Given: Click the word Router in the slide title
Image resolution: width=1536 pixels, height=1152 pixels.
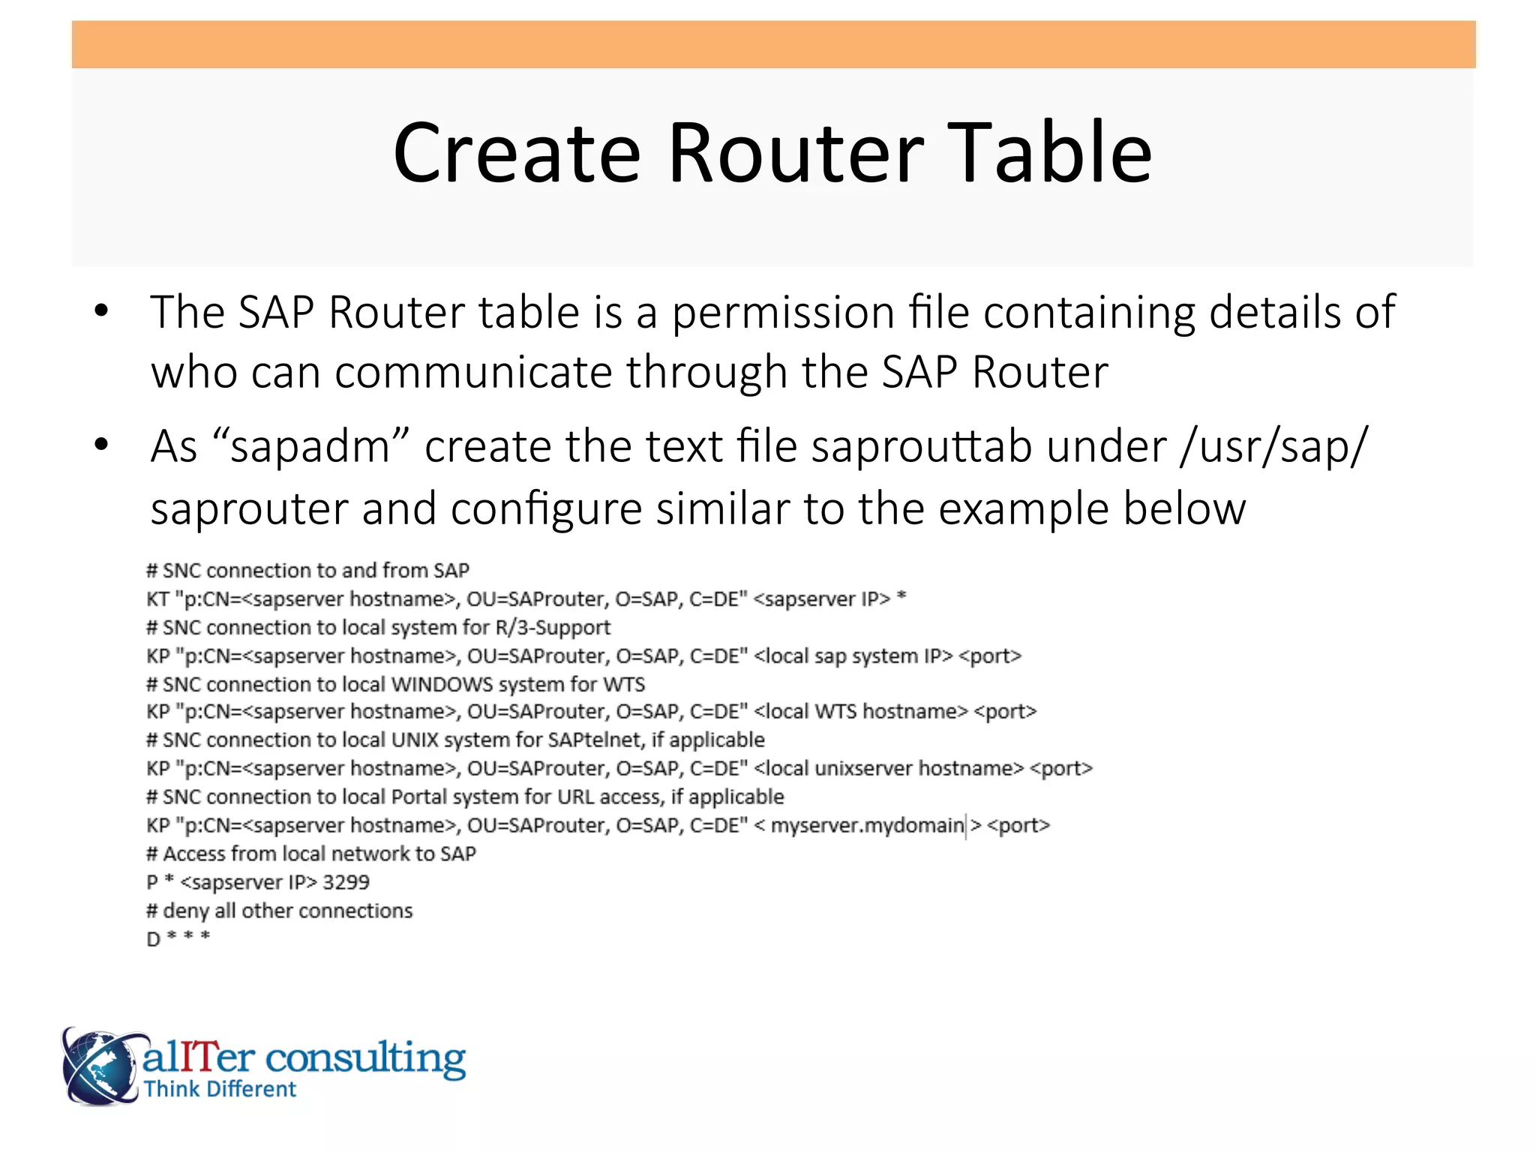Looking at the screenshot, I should tap(795, 153).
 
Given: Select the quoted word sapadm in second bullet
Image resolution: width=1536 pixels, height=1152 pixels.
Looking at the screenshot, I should tap(310, 447).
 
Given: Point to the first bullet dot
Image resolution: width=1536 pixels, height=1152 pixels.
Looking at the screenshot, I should tap(101, 311).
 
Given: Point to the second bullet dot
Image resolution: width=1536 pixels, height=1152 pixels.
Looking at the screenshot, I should tap(101, 445).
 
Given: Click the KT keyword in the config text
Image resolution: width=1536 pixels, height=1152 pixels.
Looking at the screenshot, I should tap(157, 599).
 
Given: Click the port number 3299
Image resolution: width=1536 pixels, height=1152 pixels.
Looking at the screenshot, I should tap(346, 882).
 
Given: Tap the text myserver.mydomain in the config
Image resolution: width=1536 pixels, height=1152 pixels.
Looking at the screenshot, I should tap(867, 826).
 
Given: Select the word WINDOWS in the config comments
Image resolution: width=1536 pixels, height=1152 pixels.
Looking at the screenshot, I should tap(442, 684).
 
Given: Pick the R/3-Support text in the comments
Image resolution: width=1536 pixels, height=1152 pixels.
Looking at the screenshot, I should tap(553, 628).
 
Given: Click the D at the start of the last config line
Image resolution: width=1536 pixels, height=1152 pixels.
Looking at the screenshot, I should tap(153, 939).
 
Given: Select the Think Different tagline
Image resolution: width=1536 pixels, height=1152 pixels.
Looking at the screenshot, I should tap(220, 1090).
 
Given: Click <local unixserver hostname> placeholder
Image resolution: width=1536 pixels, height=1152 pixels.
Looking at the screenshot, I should tap(889, 769).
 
